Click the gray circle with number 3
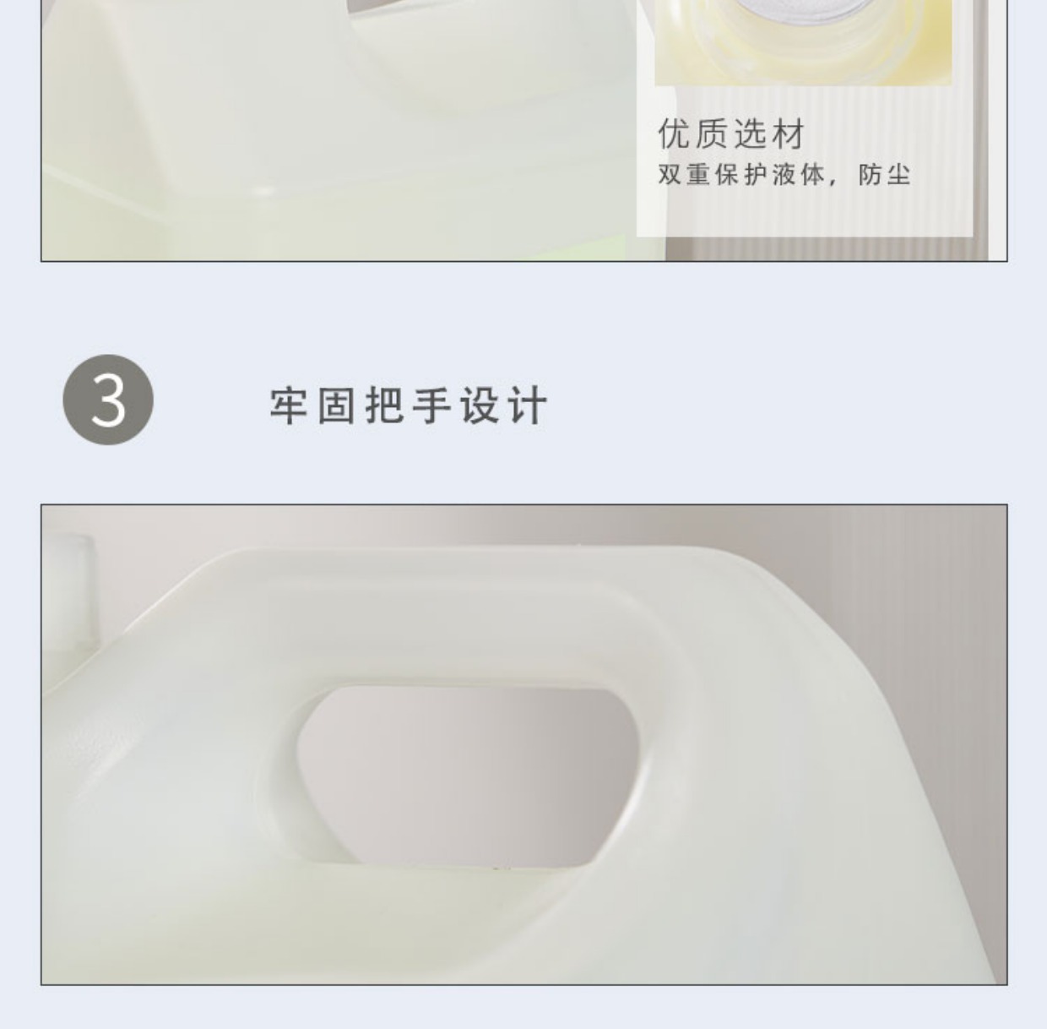point(108,400)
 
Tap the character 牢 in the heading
point(289,406)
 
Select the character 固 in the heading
point(337,406)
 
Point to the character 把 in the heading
point(385,406)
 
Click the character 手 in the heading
point(432,406)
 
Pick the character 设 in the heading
point(480,406)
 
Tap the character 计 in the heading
point(527,406)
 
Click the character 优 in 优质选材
point(674,133)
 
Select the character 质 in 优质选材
point(712,133)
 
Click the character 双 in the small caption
point(669,175)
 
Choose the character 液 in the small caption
point(783,175)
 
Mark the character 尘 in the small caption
point(898,175)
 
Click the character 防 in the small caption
point(870,175)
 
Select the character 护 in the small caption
point(754,175)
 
